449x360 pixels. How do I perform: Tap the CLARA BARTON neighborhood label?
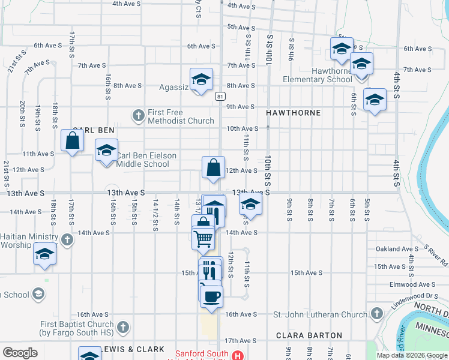pyautogui.click(x=309, y=336)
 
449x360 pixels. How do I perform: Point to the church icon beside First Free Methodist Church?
pyautogui.click(x=138, y=114)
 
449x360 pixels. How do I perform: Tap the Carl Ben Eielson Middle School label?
pyautogui.click(x=146, y=160)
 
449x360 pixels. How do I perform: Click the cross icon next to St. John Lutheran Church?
pyautogui.click(x=376, y=314)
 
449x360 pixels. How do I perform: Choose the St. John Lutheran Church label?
pyautogui.click(x=320, y=314)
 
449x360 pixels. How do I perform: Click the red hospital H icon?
pyautogui.click(x=238, y=355)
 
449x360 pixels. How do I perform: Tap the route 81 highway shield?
pyautogui.click(x=221, y=96)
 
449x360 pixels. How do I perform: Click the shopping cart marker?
pyautogui.click(x=203, y=238)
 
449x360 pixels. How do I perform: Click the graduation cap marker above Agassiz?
pyautogui.click(x=201, y=79)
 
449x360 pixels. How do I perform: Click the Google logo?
pyautogui.click(x=20, y=353)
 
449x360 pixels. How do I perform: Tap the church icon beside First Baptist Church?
pyautogui.click(x=123, y=327)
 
